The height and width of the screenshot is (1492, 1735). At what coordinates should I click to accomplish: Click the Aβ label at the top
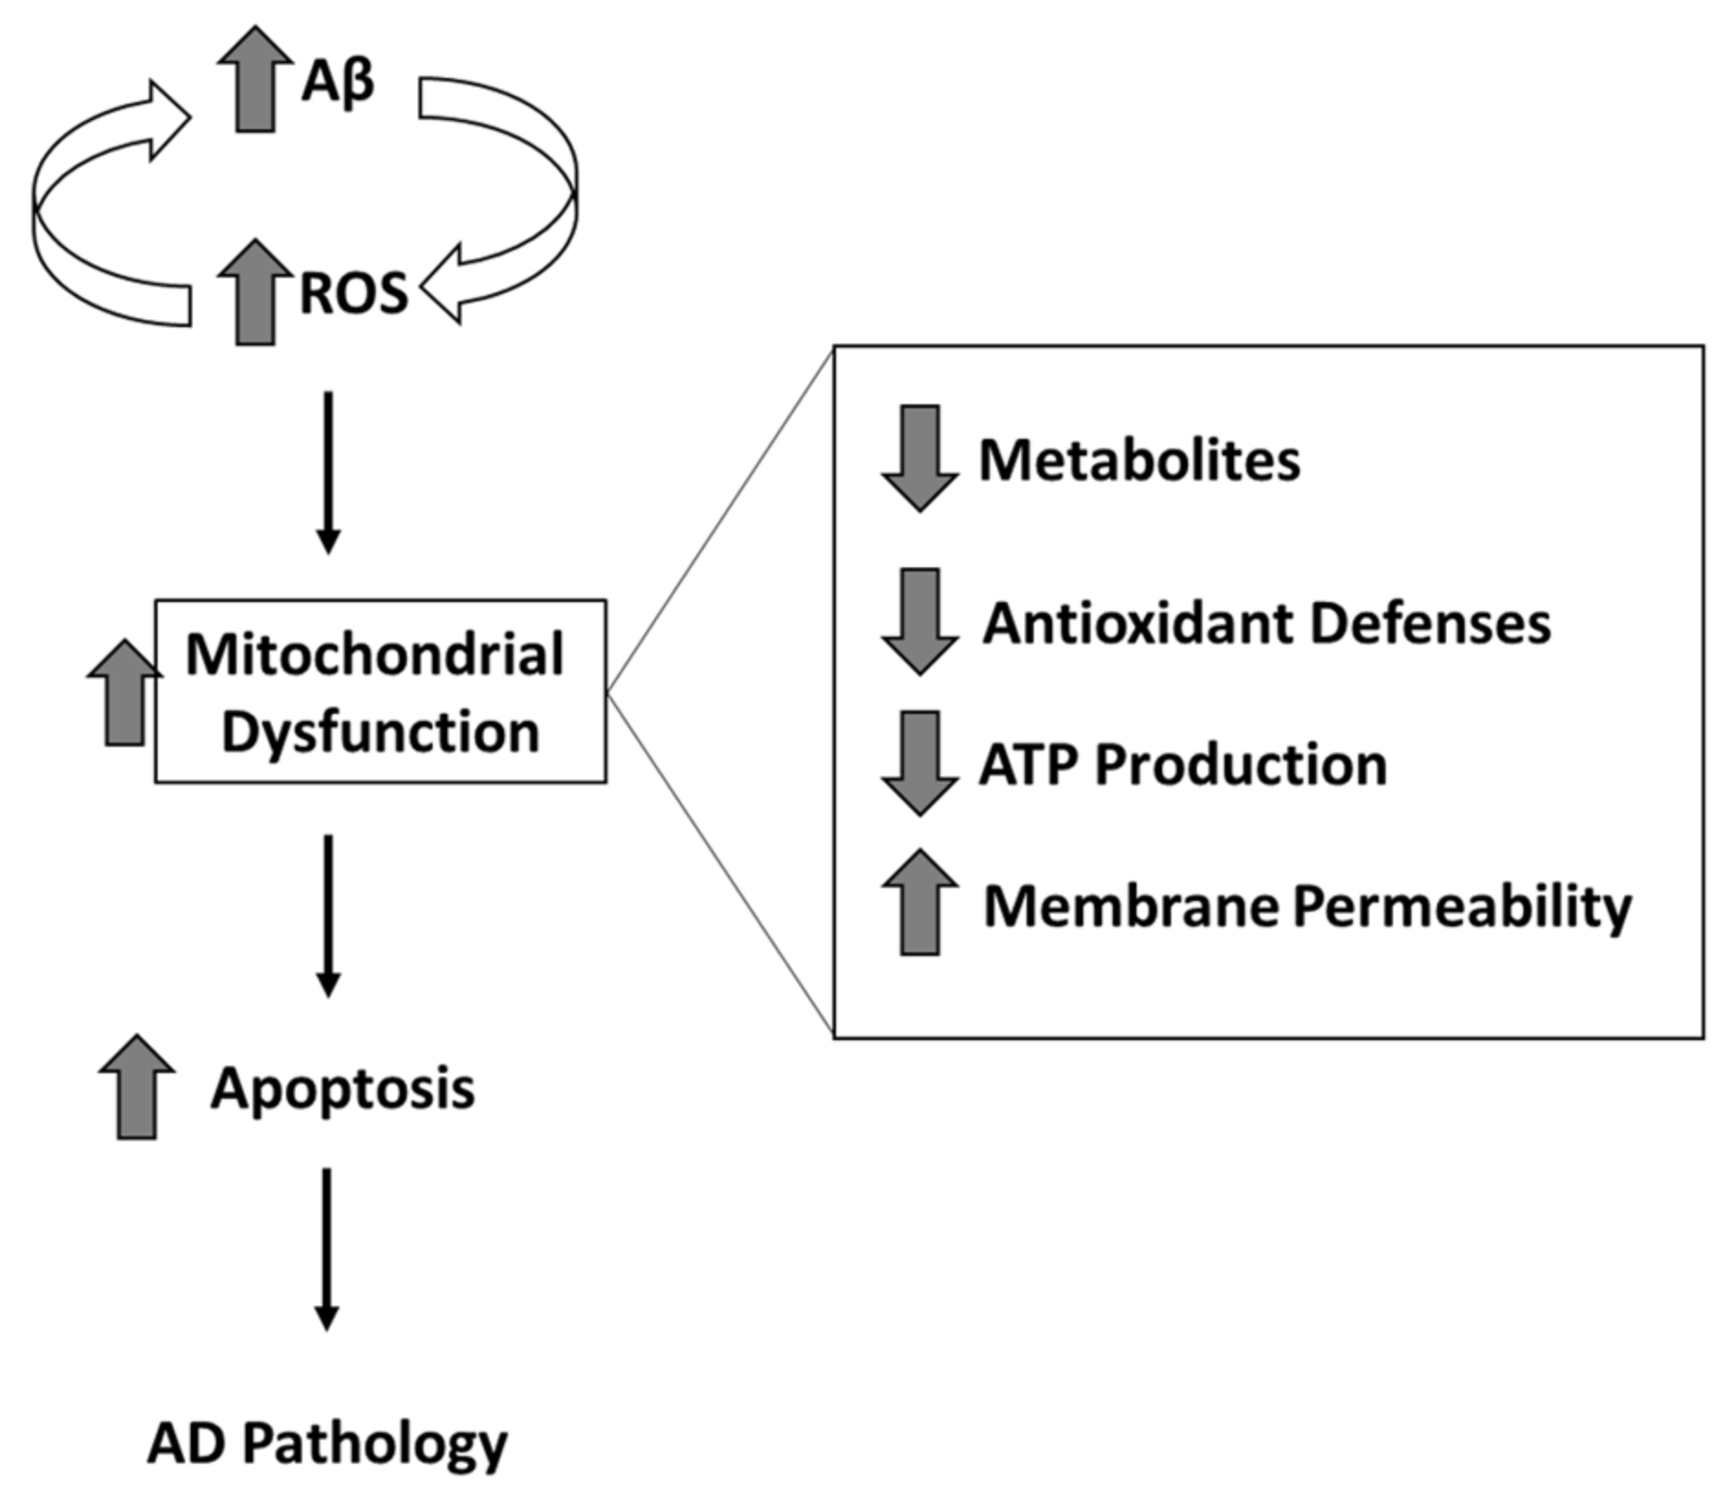coord(337,82)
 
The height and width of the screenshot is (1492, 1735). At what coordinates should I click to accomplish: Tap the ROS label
coord(354,294)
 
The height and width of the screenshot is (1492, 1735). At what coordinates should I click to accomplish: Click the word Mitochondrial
coord(375,655)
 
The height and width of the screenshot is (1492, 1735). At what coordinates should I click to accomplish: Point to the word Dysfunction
coord(380,732)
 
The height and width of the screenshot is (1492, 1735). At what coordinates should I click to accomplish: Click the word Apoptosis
coord(343,1089)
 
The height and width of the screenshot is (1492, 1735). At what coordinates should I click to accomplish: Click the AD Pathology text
coord(327,1443)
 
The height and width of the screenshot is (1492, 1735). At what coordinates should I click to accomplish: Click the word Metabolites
coord(1139,459)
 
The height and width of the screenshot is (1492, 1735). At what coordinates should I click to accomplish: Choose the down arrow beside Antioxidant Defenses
coord(919,621)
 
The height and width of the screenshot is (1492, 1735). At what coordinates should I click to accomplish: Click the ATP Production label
coord(1182,764)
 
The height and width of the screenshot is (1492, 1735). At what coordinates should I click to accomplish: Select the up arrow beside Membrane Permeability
coord(919,904)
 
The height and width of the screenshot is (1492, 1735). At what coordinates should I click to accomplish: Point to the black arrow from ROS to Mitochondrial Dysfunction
coord(328,472)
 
